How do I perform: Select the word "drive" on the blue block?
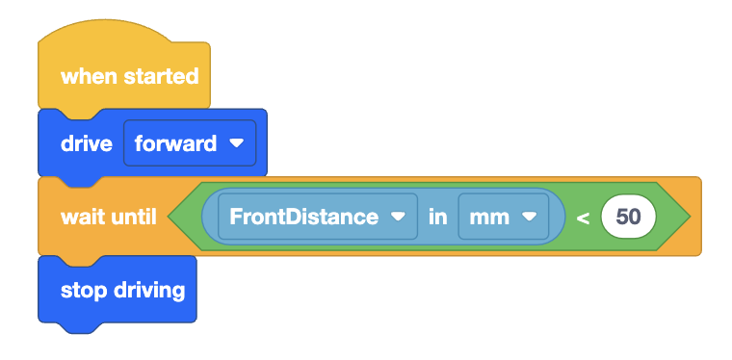click(87, 144)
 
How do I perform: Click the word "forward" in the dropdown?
click(175, 144)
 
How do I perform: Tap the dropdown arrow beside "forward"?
click(236, 144)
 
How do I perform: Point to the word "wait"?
click(81, 217)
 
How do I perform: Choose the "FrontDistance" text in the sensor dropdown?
click(303, 217)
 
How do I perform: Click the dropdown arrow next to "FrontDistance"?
click(397, 217)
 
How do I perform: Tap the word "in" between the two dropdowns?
click(438, 217)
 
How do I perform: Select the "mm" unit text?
click(489, 217)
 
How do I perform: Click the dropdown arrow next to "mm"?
click(528, 217)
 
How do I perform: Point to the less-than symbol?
click(582, 218)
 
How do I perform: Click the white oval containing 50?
click(628, 217)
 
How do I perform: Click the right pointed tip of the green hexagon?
click(690, 217)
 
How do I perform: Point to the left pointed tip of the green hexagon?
click(170, 217)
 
